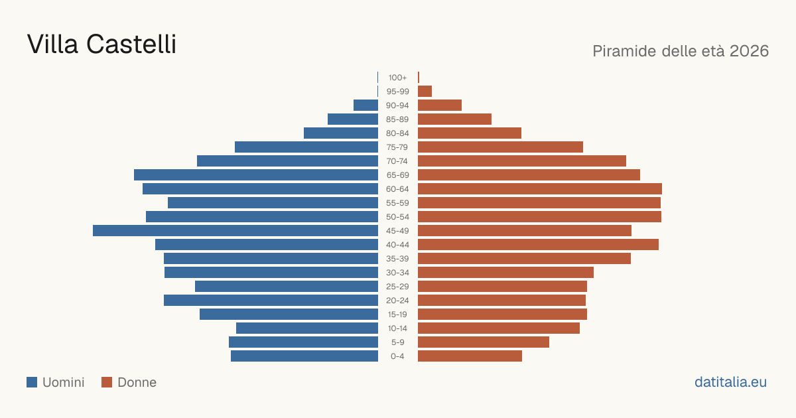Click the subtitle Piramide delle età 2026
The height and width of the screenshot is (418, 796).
tap(681, 51)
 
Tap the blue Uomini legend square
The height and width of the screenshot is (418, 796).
tap(32, 382)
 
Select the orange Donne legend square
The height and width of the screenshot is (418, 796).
tap(107, 382)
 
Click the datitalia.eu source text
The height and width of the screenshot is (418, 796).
tap(730, 382)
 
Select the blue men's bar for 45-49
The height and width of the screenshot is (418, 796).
tap(235, 231)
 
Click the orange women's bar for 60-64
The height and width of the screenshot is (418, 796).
tap(540, 188)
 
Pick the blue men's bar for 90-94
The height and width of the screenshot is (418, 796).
tap(365, 105)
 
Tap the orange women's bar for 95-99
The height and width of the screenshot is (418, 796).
tap(425, 92)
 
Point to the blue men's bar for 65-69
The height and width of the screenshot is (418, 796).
tap(256, 175)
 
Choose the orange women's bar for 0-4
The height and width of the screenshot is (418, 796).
tap(470, 356)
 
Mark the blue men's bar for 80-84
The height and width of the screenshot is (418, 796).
tap(341, 133)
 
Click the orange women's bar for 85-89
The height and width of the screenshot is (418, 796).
tap(454, 119)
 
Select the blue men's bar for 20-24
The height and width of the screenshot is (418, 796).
tap(271, 301)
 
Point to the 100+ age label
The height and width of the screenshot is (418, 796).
tap(397, 78)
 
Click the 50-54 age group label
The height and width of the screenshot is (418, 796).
tap(397, 217)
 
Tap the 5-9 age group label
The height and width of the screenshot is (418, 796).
tap(397, 342)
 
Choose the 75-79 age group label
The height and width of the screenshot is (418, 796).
tap(397, 147)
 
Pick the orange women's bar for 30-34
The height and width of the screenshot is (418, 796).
tap(505, 273)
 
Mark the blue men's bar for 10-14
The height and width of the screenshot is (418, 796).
tap(307, 328)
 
